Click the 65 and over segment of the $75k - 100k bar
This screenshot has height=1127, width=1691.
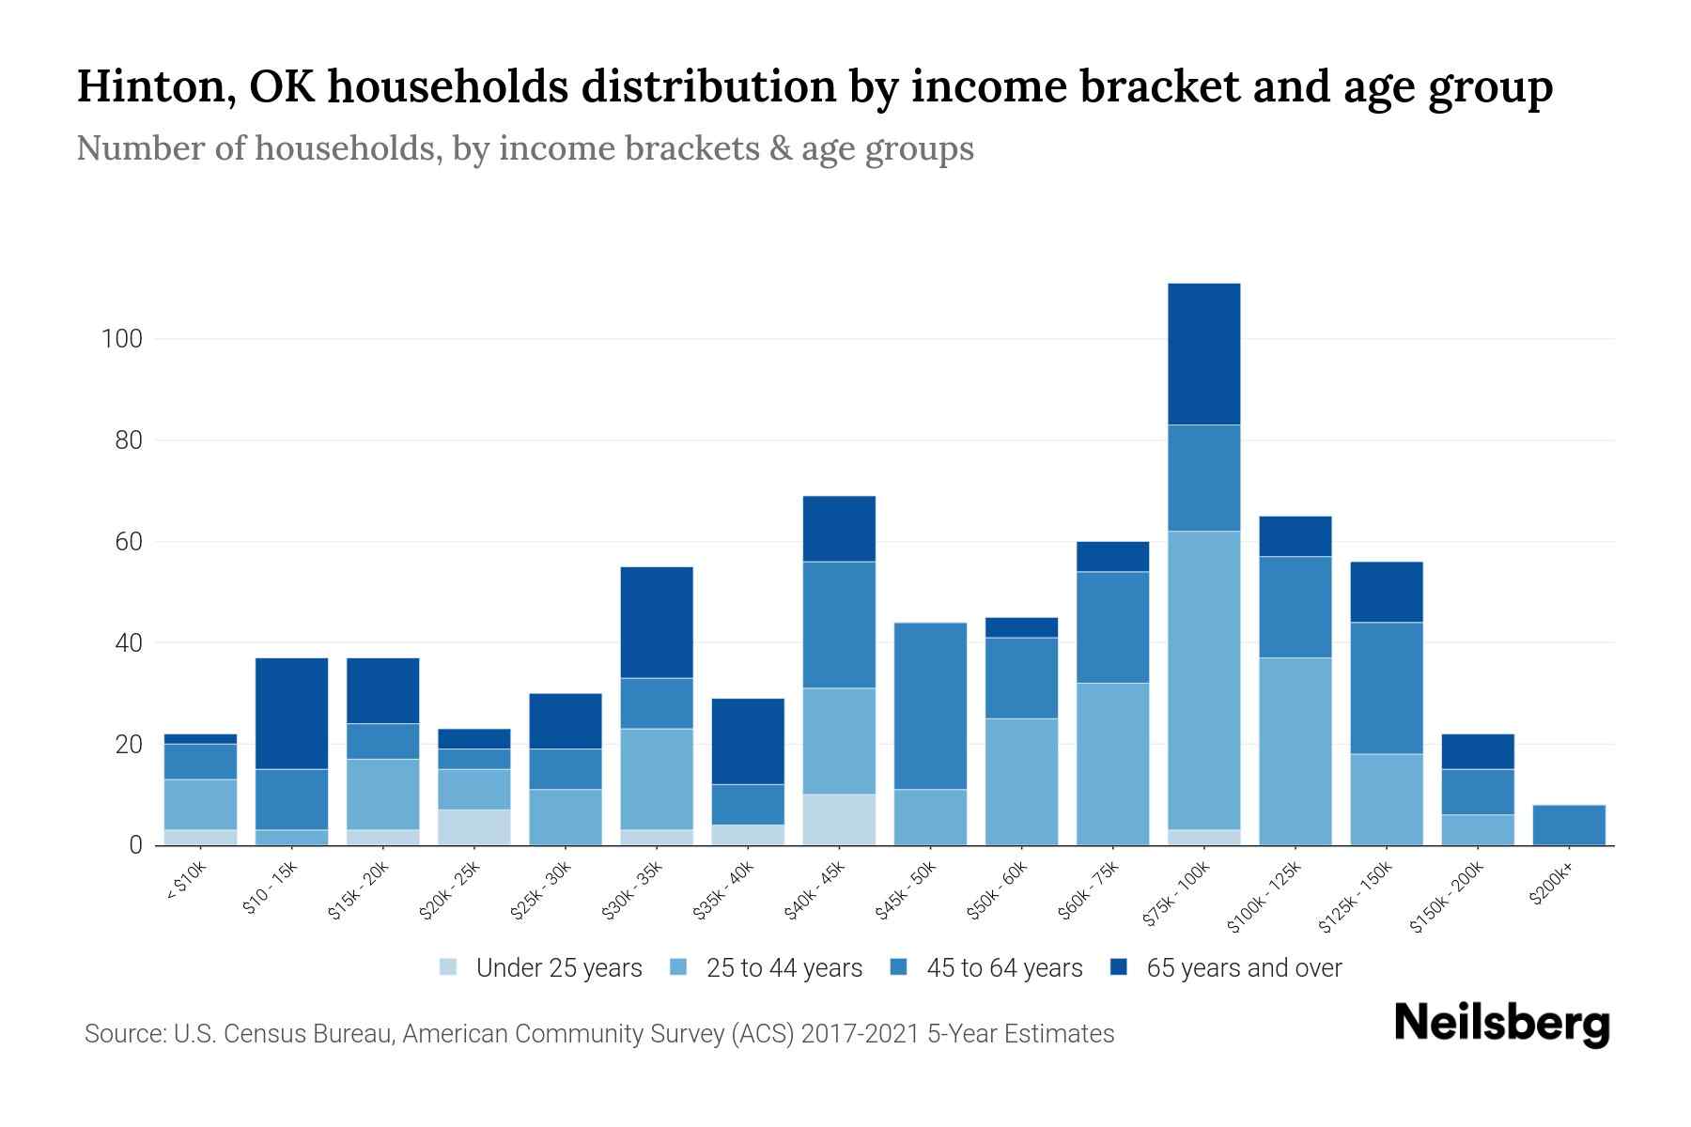[1203, 354]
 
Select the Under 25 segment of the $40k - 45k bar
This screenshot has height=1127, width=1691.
[839, 820]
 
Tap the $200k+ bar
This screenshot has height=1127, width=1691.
[1568, 825]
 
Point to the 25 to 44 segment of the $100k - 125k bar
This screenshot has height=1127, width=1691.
[1295, 751]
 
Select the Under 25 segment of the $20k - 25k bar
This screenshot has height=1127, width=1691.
[473, 827]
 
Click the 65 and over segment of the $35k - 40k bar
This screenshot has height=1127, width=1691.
[748, 741]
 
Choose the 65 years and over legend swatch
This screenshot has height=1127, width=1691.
[1119, 967]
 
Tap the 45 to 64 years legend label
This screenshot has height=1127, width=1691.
[1004, 968]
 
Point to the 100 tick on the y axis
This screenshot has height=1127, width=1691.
[121, 339]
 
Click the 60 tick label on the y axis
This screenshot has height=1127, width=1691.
[128, 542]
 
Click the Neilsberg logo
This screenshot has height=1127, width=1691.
[1501, 1025]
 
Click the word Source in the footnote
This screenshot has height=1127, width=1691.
[123, 1034]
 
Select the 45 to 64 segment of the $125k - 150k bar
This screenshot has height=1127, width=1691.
[1386, 687]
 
